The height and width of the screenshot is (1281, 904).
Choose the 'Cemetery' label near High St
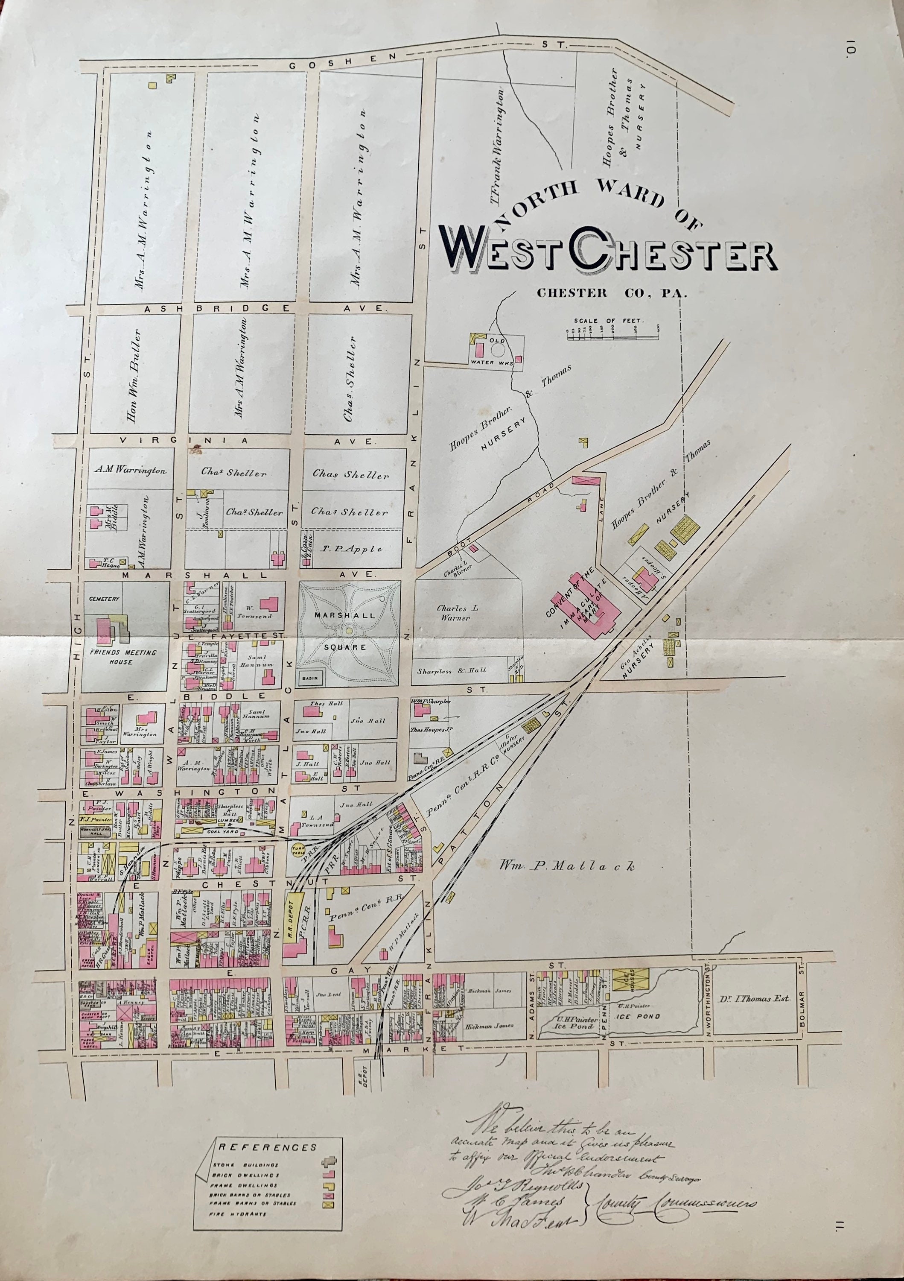click(104, 599)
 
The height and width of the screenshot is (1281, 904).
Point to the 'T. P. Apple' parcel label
click(351, 549)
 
